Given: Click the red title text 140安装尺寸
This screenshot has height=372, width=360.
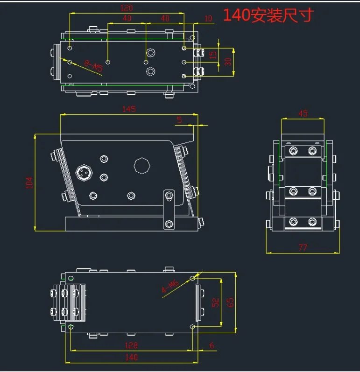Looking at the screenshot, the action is pyautogui.click(x=268, y=15).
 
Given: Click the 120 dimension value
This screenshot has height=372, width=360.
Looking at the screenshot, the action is pyautogui.click(x=127, y=8).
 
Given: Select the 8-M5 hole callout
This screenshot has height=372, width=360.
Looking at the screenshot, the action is pyautogui.click(x=93, y=66).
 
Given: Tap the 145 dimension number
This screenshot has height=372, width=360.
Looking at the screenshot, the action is pyautogui.click(x=129, y=109).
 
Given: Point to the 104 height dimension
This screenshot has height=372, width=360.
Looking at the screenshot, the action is pyautogui.click(x=29, y=182).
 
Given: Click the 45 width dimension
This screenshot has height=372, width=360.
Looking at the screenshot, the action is pyautogui.click(x=303, y=113).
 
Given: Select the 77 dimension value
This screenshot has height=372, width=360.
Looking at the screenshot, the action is pyautogui.click(x=303, y=248).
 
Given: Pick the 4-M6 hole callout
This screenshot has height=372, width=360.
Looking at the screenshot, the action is pyautogui.click(x=170, y=287).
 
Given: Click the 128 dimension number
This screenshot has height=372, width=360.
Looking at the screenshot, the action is pyautogui.click(x=131, y=345).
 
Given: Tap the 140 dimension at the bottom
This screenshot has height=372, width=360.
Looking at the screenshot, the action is pyautogui.click(x=131, y=357).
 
